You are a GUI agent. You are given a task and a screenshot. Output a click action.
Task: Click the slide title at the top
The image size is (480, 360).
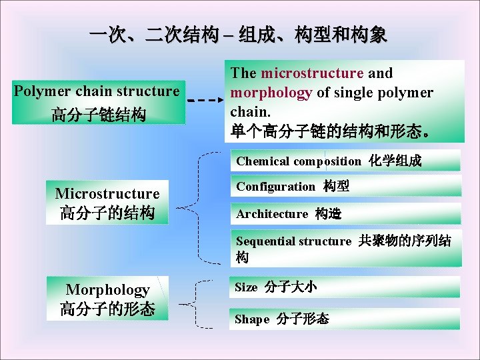pyautogui.click(x=238, y=35)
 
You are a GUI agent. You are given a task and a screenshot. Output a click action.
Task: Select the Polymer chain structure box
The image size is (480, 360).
pyautogui.click(x=98, y=102)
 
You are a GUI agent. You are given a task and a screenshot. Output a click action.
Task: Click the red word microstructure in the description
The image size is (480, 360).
pyautogui.click(x=312, y=73)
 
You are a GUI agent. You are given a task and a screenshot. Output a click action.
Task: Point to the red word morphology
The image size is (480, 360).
pyautogui.click(x=271, y=93)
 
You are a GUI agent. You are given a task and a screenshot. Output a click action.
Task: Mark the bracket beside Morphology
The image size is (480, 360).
pyautogui.click(x=195, y=303)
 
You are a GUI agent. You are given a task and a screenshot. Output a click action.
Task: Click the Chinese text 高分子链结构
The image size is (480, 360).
pyautogui.click(x=98, y=115)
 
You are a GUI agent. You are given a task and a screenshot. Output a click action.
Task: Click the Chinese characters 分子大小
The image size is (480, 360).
pyautogui.click(x=290, y=287)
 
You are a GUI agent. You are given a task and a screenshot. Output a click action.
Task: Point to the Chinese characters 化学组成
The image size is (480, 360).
pyautogui.click(x=395, y=161)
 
